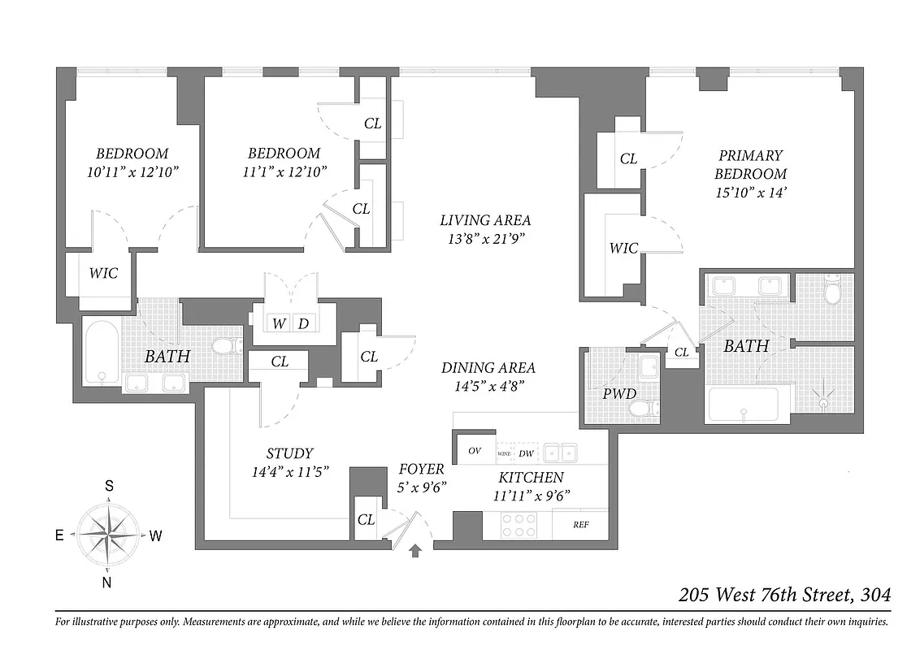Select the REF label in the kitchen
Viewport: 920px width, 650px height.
580,525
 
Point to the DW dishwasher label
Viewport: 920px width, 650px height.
526,453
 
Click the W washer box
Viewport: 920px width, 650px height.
279,323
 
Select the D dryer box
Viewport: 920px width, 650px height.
303,323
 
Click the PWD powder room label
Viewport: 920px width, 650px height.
619,394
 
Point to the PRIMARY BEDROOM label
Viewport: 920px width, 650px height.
750,164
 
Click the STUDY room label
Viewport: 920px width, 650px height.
289,453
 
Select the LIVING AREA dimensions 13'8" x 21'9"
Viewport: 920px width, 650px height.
485,239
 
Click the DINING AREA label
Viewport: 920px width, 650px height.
488,368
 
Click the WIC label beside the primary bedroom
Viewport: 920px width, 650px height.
623,248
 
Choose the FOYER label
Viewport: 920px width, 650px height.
421,469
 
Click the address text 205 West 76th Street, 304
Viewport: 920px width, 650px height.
784,595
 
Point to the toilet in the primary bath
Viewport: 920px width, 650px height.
832,289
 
